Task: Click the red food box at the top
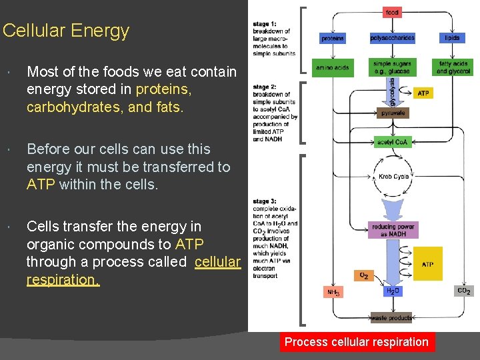[x=392, y=12]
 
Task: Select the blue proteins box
[x=333, y=38]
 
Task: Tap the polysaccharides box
[x=392, y=38]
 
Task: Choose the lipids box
[x=453, y=38]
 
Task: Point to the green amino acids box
[x=333, y=67]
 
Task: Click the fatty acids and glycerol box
[x=453, y=67]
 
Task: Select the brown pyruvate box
[x=393, y=113]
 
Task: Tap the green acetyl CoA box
[x=393, y=142]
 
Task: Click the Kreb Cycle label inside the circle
[x=394, y=177]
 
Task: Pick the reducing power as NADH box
[x=393, y=230]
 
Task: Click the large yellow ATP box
[x=427, y=263]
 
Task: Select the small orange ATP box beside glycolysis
[x=423, y=93]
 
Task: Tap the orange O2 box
[x=363, y=275]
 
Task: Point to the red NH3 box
[x=333, y=292]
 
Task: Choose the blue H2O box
[x=393, y=291]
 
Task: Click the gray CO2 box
[x=463, y=291]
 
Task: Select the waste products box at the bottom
[x=392, y=318]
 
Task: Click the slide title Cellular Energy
[x=65, y=31]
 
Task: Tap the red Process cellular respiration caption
[x=356, y=342]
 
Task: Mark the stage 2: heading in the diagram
[x=265, y=87]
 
